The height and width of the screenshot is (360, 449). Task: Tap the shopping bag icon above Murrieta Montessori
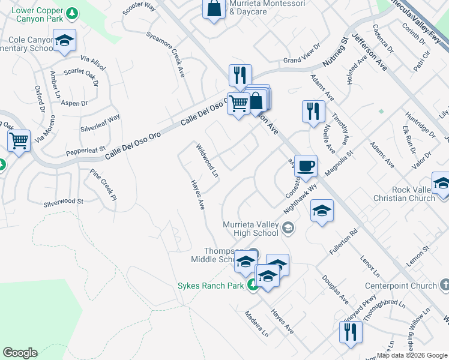click(x=214, y=9)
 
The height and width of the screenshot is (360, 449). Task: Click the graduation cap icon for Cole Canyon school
click(x=64, y=40)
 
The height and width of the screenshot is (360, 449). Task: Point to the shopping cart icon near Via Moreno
click(x=19, y=141)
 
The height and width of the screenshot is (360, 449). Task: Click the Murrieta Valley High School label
click(x=251, y=229)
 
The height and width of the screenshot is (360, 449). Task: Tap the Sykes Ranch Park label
click(x=211, y=286)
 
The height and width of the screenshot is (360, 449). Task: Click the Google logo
click(x=20, y=353)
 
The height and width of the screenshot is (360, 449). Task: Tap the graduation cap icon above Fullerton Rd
click(x=322, y=210)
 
